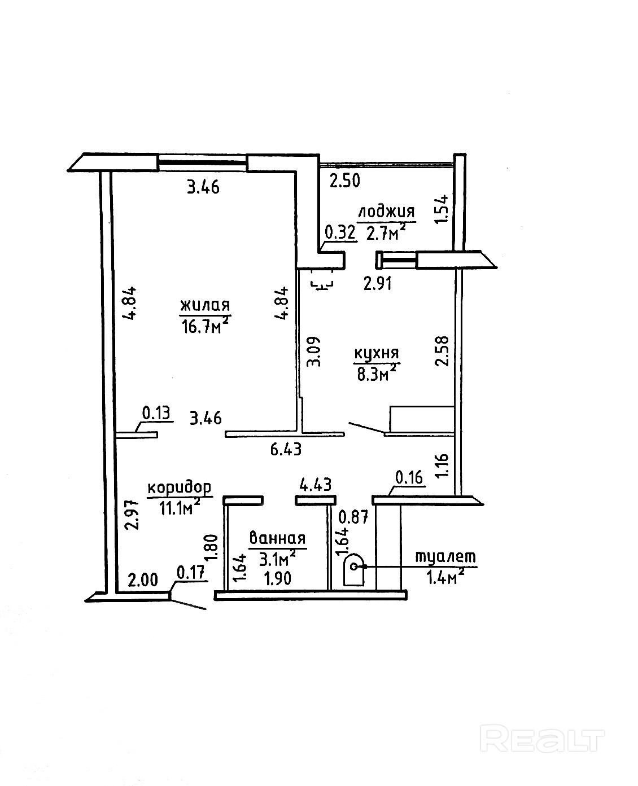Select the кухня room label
coord(376,353)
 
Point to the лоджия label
coord(386,212)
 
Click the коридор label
coord(180,488)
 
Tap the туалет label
coord(446,556)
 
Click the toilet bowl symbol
coord(354,570)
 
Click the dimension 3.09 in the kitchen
coord(313,352)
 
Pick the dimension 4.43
coord(315,484)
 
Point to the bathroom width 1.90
coord(278,579)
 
